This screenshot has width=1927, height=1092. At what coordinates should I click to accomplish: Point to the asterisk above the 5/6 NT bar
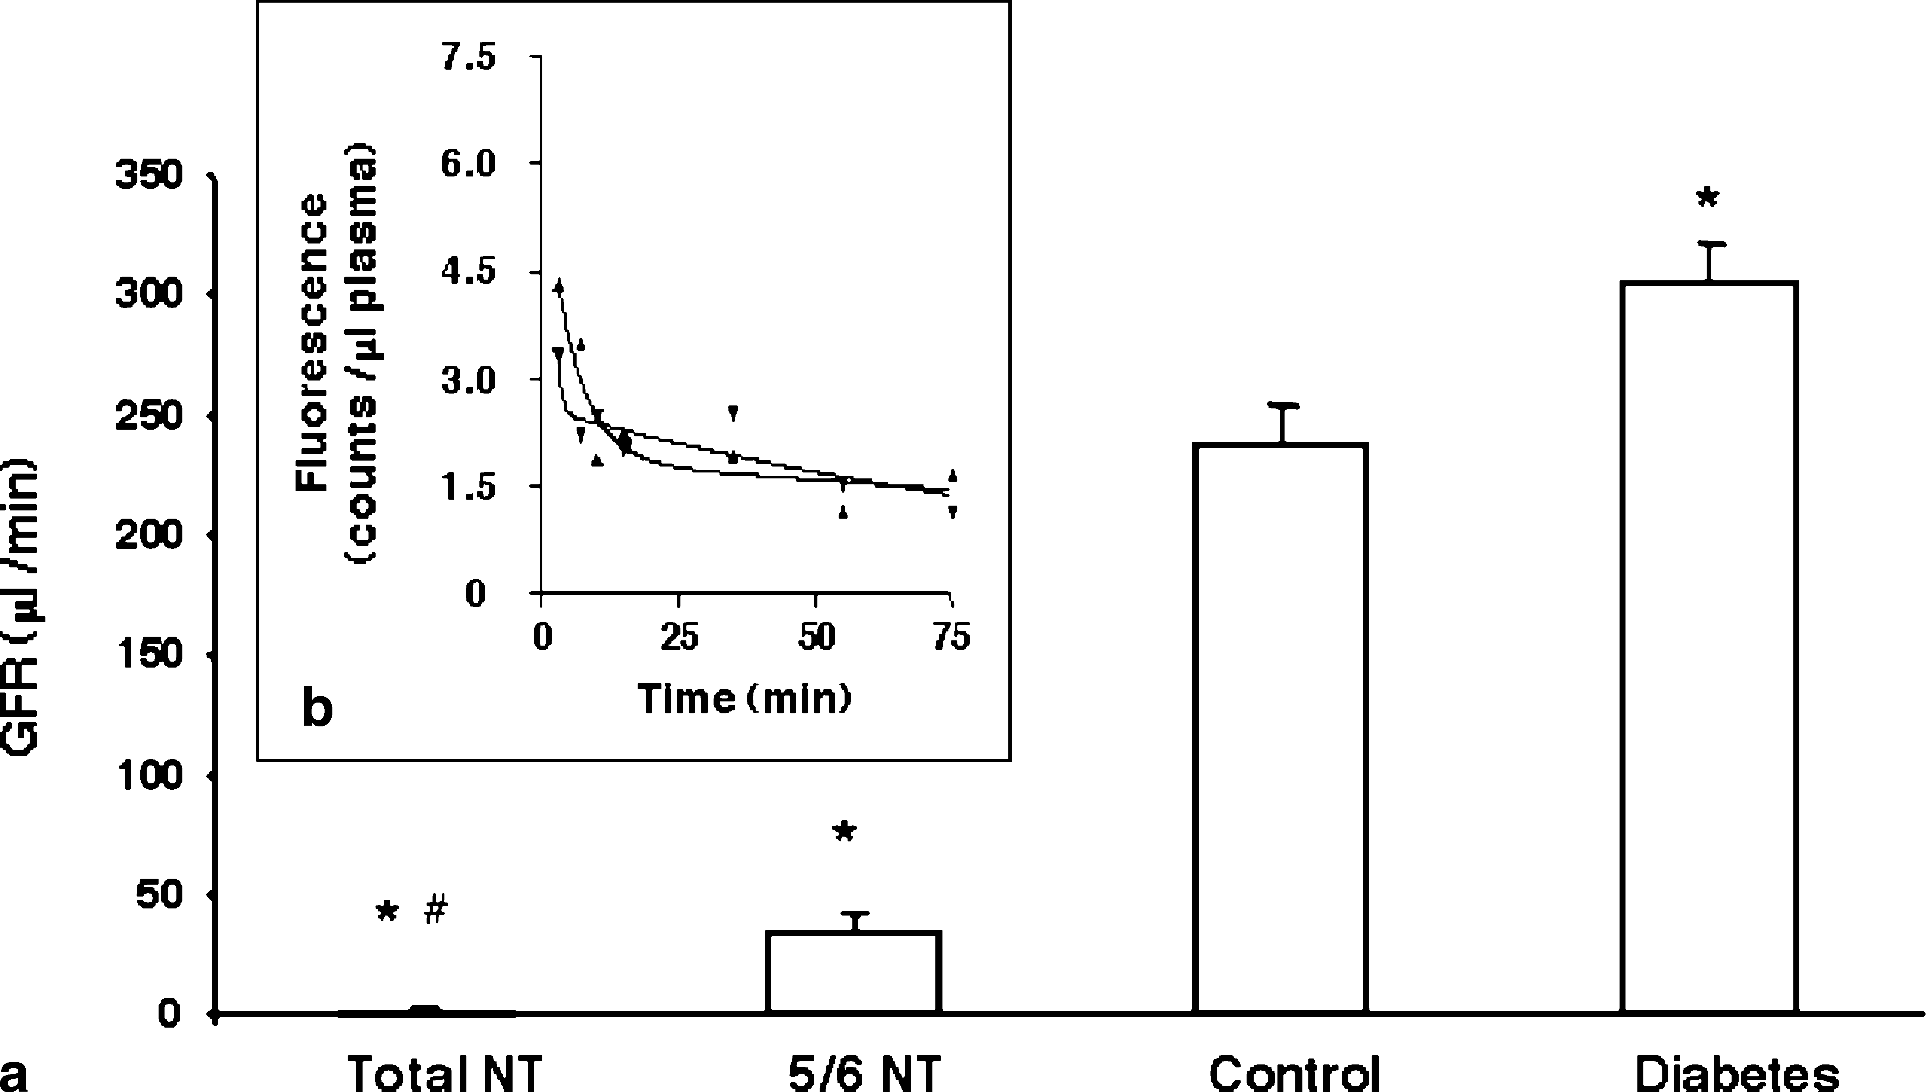coord(844,832)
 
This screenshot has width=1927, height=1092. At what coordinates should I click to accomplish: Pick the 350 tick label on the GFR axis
coord(149,175)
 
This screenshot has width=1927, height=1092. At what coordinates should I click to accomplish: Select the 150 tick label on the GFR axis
coord(149,654)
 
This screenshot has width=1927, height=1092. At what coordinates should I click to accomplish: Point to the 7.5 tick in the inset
coord(469,58)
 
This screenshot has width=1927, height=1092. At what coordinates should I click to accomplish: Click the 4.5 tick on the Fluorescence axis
coord(469,272)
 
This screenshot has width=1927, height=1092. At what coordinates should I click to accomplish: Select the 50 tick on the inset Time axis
coord(816,637)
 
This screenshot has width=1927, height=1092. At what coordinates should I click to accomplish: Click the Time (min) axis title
coord(744,699)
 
